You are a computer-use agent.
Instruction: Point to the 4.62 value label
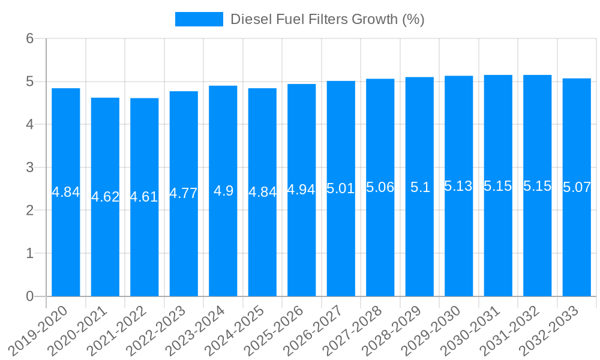105,197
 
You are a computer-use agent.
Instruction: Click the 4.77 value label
184,193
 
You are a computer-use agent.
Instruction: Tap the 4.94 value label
302,190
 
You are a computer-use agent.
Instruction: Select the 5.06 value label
380,187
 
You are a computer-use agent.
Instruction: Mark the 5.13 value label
459,186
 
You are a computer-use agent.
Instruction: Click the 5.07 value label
577,187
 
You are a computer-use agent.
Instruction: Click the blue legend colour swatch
199,19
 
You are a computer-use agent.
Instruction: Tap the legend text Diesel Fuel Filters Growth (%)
328,19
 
